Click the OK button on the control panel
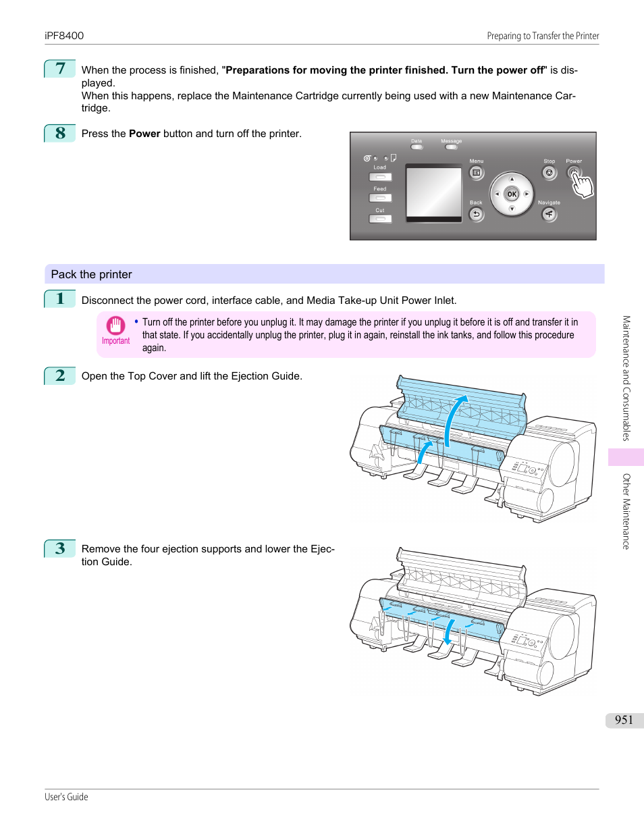click(x=512, y=194)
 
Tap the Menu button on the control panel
click(x=476, y=173)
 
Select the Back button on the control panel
click(x=476, y=215)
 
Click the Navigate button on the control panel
click(x=549, y=215)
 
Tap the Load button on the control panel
click(x=380, y=177)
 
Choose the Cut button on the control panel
click(x=380, y=219)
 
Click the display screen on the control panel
click(x=433, y=192)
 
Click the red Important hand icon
click(x=115, y=326)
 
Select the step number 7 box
click(x=60, y=69)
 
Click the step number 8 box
click(x=60, y=133)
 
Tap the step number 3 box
click(x=60, y=548)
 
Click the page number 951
click(x=624, y=720)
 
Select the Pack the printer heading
click(x=92, y=274)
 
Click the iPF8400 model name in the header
click(x=64, y=36)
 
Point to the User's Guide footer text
click(x=66, y=797)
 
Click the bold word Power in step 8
click(x=144, y=134)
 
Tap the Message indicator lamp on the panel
click(x=451, y=147)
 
